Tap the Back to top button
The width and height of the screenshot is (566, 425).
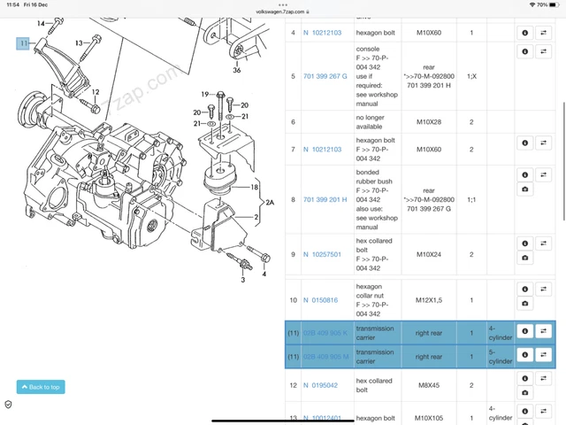point(41,387)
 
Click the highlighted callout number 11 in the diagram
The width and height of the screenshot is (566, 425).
point(23,42)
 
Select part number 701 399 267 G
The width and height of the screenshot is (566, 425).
point(325,76)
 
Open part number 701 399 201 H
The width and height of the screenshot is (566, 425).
point(325,199)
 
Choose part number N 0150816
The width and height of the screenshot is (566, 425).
point(321,300)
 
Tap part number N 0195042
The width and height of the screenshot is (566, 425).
point(321,385)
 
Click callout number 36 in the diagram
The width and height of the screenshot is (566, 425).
point(237,70)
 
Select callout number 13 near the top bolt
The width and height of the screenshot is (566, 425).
point(79,42)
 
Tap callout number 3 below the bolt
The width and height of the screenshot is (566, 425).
point(241,280)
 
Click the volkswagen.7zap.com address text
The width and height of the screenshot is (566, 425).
point(281,12)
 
